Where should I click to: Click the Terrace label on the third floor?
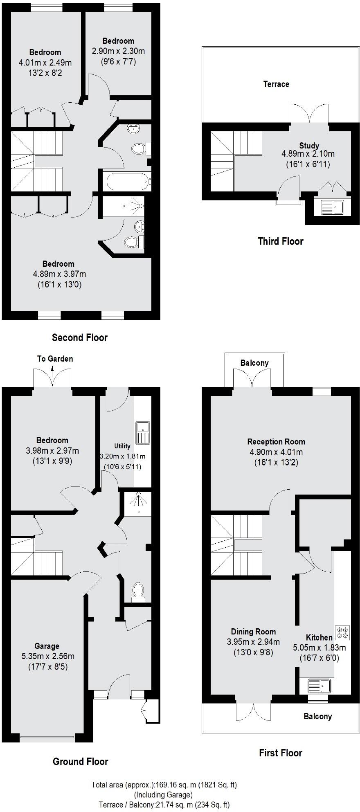click(x=276, y=84)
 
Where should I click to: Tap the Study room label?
click(x=309, y=146)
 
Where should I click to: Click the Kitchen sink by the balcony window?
click(x=319, y=685)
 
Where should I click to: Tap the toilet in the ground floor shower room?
click(x=138, y=590)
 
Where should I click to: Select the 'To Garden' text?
click(x=55, y=359)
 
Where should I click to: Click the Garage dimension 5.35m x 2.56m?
click(x=48, y=656)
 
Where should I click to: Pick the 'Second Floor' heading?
click(x=79, y=337)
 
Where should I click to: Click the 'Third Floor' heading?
click(x=280, y=241)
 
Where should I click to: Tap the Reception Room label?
click(x=276, y=441)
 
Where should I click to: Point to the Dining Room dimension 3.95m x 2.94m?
click(x=253, y=642)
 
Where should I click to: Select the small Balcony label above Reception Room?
click(x=254, y=363)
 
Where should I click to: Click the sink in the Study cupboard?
click(x=332, y=207)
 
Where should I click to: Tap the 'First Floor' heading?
click(x=280, y=753)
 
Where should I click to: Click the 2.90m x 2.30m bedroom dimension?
click(x=118, y=51)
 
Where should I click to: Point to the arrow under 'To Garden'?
click(x=52, y=369)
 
